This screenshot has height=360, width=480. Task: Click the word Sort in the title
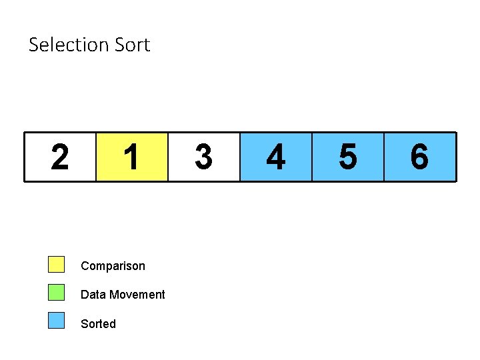pos(132,45)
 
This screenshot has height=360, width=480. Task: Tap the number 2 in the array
pos(60,157)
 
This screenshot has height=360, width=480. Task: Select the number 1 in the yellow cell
pos(131,157)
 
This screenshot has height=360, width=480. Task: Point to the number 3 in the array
pos(203,157)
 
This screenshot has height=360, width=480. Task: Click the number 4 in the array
pos(275,157)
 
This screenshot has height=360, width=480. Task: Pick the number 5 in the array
pos(347,157)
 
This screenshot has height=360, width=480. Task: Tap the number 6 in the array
pos(419,157)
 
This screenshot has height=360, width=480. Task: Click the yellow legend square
pos(57,265)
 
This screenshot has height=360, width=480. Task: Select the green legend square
pos(57,293)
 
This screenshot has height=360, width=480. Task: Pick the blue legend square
pos(57,321)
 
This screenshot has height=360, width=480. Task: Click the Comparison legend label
pos(113,266)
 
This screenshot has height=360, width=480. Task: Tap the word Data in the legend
pos(92,295)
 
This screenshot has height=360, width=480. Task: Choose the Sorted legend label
pos(98,324)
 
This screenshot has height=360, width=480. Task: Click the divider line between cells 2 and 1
pos(96,157)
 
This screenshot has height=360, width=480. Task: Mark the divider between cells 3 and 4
pos(239,157)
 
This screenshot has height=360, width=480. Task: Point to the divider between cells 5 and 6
pos(384,157)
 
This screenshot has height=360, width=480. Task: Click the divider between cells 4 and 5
pos(312,157)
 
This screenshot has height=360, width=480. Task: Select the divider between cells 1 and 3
pos(168,157)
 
